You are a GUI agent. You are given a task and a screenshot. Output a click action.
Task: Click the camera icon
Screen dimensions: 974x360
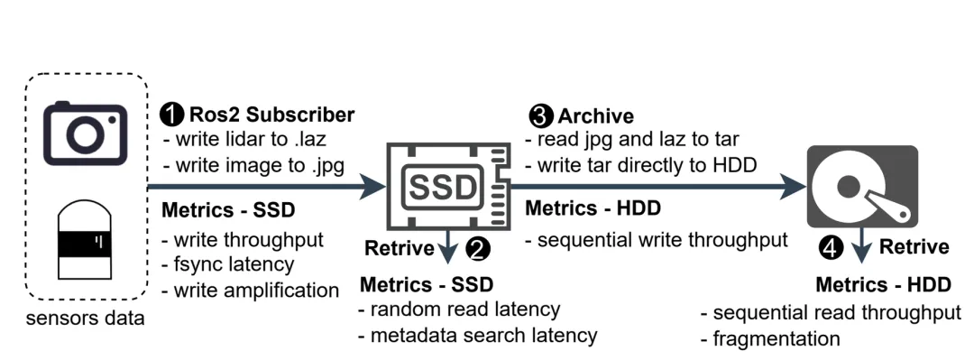[x=86, y=133]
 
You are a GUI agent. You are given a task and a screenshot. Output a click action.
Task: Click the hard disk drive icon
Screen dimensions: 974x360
[x=862, y=186]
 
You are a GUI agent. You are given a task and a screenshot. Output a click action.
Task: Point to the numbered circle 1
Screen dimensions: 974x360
[x=171, y=115]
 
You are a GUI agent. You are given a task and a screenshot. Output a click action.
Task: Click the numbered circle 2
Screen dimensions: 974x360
[x=478, y=249]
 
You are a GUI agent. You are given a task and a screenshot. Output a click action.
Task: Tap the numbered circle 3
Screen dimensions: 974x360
[x=540, y=115]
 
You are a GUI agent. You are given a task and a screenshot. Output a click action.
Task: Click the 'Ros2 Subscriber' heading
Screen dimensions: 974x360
[x=272, y=115]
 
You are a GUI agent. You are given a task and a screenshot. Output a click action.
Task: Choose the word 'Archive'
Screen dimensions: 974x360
[x=596, y=116]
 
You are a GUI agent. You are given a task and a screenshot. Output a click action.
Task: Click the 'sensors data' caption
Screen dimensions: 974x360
[x=85, y=318]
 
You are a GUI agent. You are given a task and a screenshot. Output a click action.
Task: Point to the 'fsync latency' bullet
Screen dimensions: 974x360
[x=227, y=264]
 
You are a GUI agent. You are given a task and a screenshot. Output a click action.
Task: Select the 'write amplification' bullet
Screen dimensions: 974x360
[x=251, y=290]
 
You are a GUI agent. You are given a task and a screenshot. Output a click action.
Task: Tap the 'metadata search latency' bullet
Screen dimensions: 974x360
[x=477, y=336]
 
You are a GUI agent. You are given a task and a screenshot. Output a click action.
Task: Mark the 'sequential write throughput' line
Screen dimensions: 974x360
[x=657, y=240]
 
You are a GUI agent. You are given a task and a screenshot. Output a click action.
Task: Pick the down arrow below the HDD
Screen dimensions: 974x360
[x=861, y=245]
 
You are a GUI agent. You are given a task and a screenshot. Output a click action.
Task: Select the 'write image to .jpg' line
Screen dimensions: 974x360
[x=253, y=167]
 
